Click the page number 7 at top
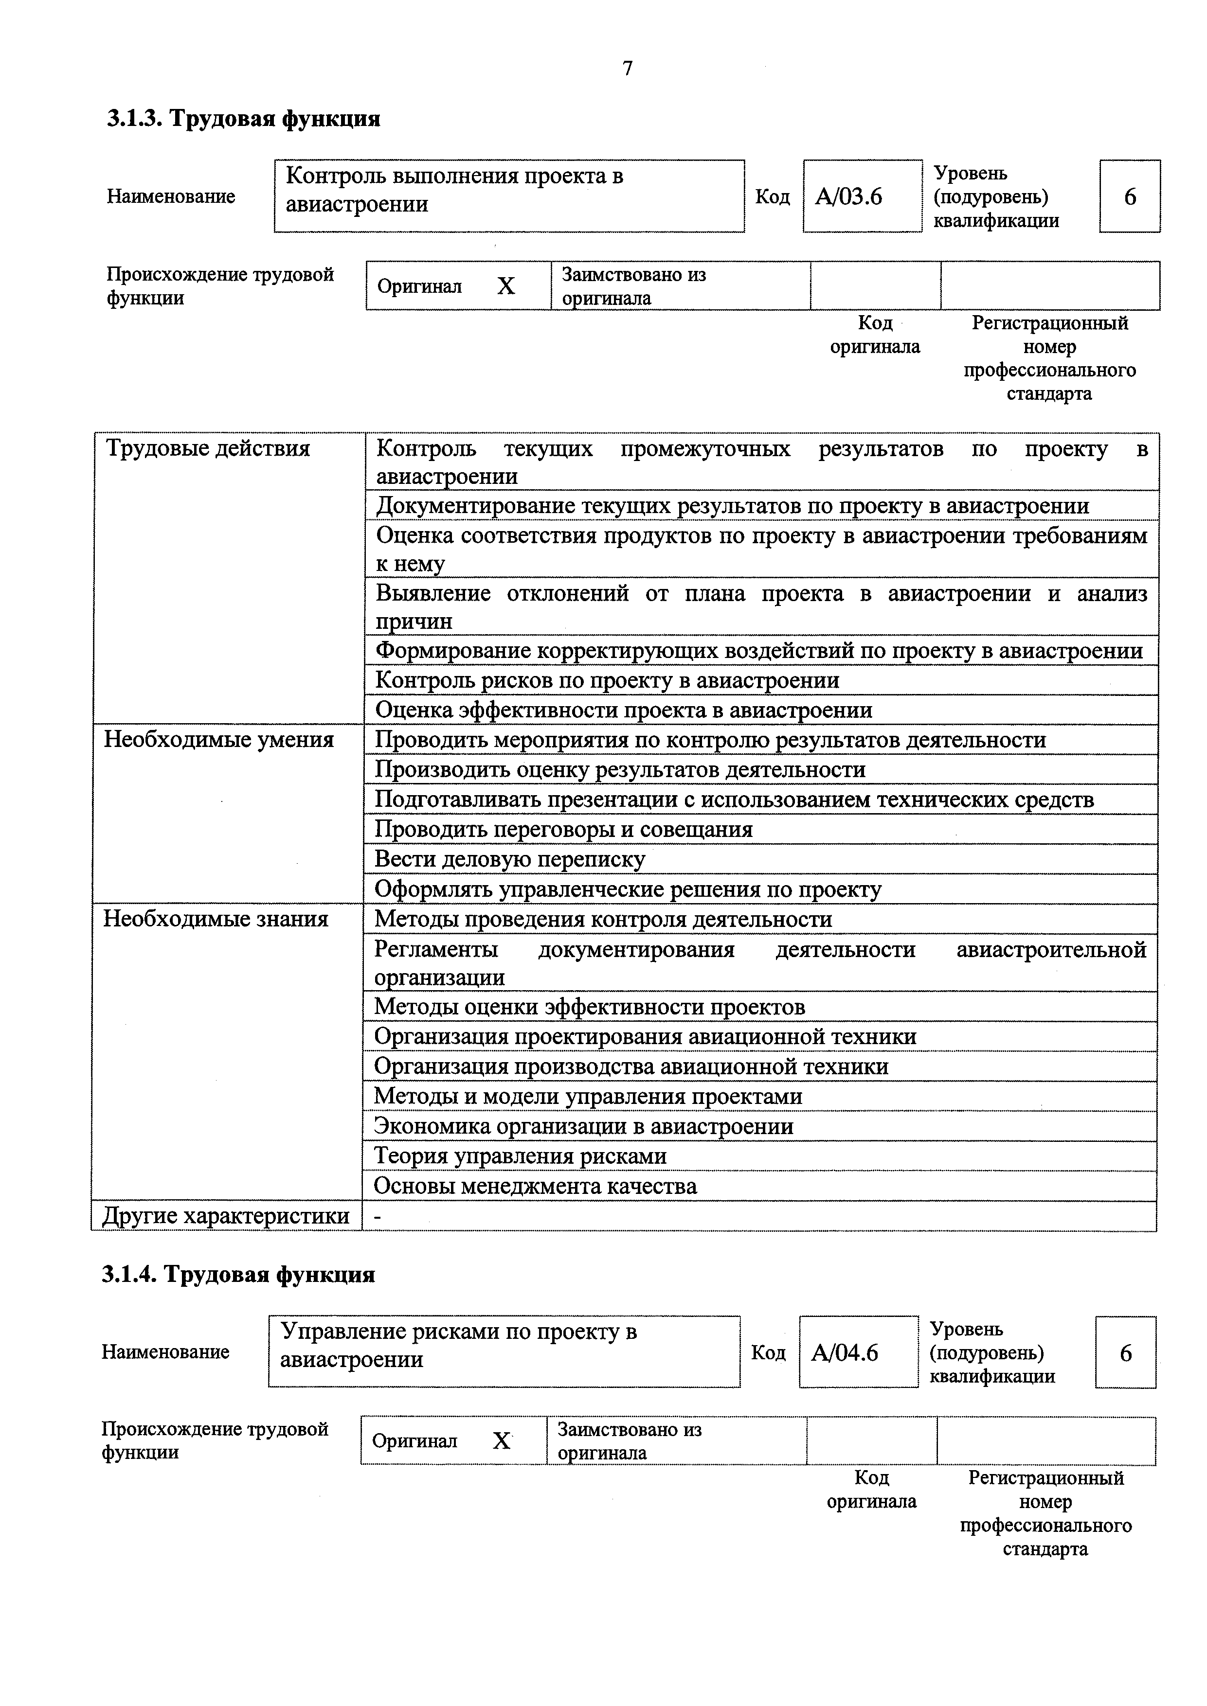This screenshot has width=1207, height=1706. click(x=627, y=69)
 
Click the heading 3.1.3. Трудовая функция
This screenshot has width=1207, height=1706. click(x=243, y=119)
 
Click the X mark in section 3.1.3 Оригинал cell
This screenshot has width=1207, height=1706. click(x=506, y=286)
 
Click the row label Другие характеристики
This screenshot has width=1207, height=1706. click(x=225, y=1216)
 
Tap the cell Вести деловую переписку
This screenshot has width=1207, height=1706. click(x=510, y=859)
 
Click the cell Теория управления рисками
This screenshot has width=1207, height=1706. click(x=520, y=1156)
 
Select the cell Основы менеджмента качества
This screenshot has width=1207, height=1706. click(x=535, y=1186)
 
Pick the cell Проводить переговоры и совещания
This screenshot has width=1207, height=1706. click(x=563, y=829)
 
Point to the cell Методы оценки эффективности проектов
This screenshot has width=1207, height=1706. click(x=589, y=1007)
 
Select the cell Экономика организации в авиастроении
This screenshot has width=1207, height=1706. click(x=583, y=1126)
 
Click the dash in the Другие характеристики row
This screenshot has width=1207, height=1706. click(x=378, y=1216)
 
